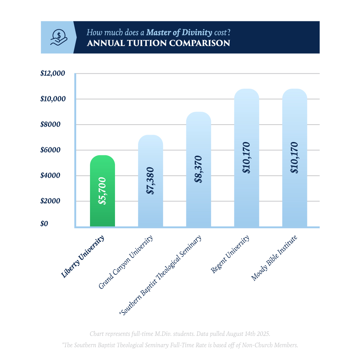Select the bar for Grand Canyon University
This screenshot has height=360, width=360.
click(x=150, y=207)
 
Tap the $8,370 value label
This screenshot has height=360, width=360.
click(x=199, y=169)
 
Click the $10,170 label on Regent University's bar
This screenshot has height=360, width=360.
click(x=247, y=158)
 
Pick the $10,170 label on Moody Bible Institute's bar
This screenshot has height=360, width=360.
click(x=294, y=158)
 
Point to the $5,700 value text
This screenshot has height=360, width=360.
click(x=102, y=191)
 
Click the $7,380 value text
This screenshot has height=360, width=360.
click(x=150, y=181)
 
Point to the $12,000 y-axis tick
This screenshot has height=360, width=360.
click(x=53, y=73)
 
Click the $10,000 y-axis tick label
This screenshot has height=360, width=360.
click(x=53, y=99)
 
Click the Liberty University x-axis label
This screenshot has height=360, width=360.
click(x=83, y=257)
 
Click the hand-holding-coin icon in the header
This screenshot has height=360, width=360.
click(x=58, y=37)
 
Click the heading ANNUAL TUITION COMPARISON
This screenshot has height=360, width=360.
click(x=158, y=43)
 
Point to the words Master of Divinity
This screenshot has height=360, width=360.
click(x=179, y=32)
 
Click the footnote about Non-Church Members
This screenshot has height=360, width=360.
click(x=180, y=345)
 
